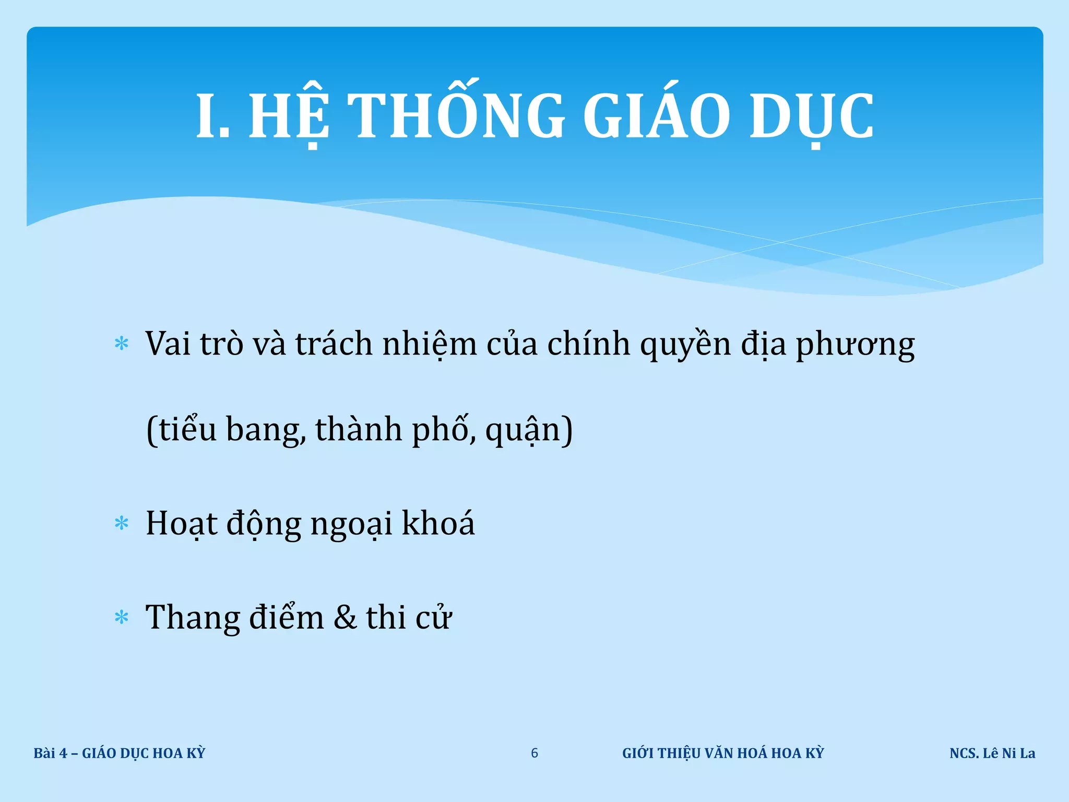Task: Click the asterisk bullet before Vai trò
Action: (122, 344)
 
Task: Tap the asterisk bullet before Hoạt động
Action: (122, 523)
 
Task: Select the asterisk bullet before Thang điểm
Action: (122, 618)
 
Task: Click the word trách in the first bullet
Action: (334, 344)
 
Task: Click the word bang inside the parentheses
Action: (265, 430)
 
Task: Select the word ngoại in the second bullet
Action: (351, 524)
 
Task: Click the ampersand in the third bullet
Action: (345, 617)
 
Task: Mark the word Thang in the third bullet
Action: (192, 618)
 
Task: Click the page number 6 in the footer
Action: (534, 753)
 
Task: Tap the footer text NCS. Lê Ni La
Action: (992, 753)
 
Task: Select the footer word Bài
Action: (44, 753)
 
